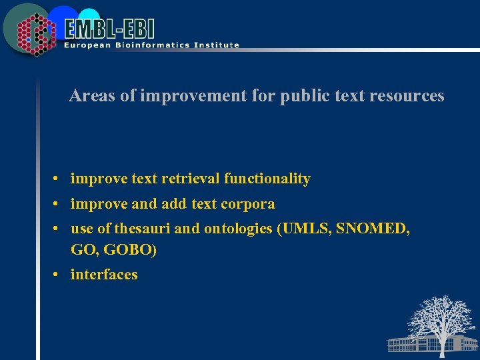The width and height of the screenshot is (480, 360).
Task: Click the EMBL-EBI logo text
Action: coord(110,28)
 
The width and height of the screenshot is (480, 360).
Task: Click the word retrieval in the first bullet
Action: coord(191,179)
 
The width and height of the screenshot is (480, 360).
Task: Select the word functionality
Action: coord(267,179)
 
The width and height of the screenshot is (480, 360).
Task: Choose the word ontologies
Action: coord(238,229)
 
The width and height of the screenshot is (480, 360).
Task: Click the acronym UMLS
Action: coord(306,229)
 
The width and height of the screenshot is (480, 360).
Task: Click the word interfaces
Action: coord(104,275)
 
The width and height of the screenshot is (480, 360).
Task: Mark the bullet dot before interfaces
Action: coord(58,275)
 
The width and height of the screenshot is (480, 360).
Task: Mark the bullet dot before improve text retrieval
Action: coord(58,179)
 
